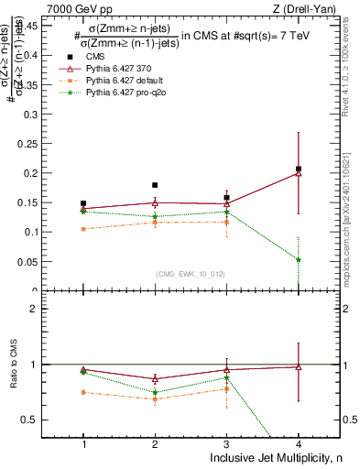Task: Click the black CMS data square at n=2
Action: point(155,185)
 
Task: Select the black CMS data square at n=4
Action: point(299,169)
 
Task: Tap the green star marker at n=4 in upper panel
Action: point(299,259)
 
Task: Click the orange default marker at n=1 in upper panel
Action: point(83,229)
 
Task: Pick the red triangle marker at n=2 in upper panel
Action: point(155,202)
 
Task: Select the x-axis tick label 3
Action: point(226,444)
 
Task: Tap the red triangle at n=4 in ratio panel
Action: point(299,366)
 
